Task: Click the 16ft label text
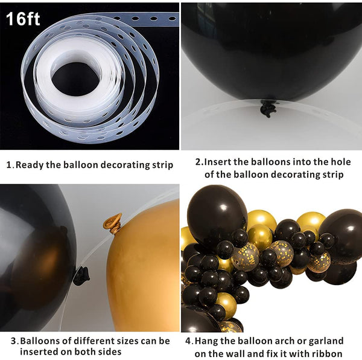23,19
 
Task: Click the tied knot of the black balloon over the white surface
268,108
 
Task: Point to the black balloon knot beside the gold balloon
81,275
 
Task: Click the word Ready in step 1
30,165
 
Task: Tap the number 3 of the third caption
14,341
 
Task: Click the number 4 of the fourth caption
188,341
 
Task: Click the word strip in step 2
332,175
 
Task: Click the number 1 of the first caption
9,165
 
